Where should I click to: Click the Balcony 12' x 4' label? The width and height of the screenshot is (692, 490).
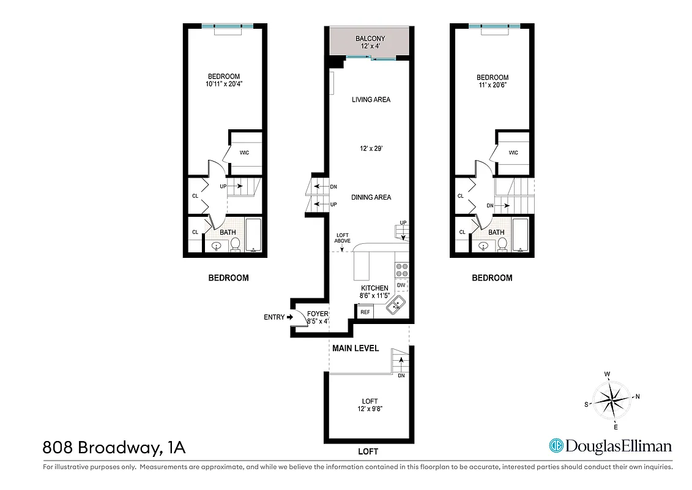pos(370,42)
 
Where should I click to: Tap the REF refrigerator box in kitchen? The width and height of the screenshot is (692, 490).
pos(365,312)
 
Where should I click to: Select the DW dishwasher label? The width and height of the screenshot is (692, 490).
pos(401,285)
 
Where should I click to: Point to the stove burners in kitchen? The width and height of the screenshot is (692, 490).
pos(402,270)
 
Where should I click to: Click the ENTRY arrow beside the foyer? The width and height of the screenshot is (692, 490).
pos(289,317)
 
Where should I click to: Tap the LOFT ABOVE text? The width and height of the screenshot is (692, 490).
pos(342,238)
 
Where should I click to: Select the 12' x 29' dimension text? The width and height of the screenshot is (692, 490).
pos(371,148)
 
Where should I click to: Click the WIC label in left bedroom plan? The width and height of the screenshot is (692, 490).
pos(244,153)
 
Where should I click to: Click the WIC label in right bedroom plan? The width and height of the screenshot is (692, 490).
pos(513,153)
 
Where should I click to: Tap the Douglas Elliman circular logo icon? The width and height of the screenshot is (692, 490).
pos(556,446)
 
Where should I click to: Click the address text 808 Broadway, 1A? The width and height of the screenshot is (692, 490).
pos(114,448)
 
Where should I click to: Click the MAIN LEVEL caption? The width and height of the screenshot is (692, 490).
pos(355,348)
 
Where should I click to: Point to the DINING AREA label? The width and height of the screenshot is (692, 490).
pos(371,197)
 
